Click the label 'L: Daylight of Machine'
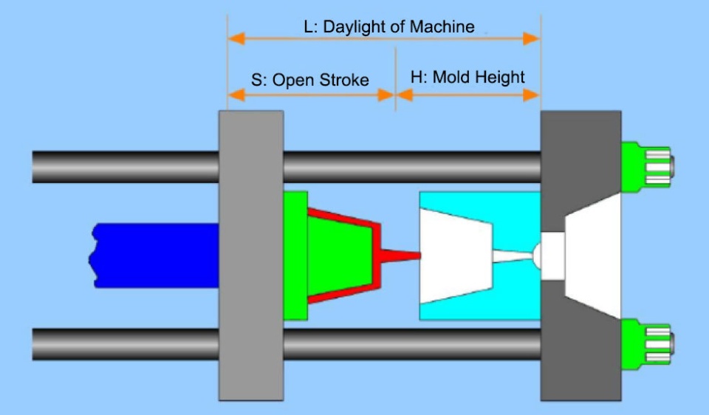tap(388, 27)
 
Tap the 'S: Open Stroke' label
tap(309, 80)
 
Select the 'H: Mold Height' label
tap(467, 77)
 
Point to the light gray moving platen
tap(251, 255)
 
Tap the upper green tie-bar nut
tap(647, 166)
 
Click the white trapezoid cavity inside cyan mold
tap(455, 255)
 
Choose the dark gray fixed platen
tap(580, 148)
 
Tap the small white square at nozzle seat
tap(553, 256)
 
